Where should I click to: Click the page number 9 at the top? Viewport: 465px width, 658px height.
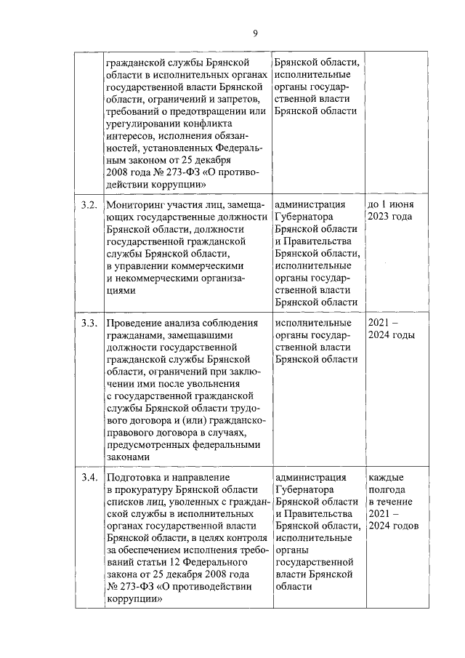[255, 32]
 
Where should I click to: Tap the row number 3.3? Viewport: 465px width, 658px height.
[89, 323]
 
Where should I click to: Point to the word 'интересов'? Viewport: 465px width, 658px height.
[128, 135]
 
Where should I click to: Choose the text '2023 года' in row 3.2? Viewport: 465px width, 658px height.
[390, 217]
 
